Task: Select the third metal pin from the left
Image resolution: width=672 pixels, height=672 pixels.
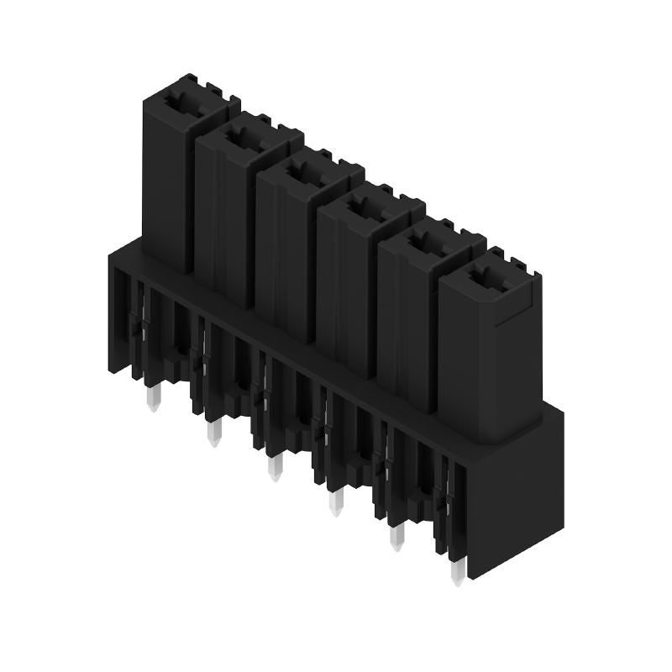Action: [x=274, y=468]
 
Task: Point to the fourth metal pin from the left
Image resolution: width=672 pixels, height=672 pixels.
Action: [x=335, y=502]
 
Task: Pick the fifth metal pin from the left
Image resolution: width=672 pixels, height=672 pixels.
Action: [x=397, y=538]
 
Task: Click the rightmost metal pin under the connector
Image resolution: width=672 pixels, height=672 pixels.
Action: [x=458, y=573]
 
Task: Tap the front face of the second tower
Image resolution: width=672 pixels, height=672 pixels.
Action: [x=224, y=223]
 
